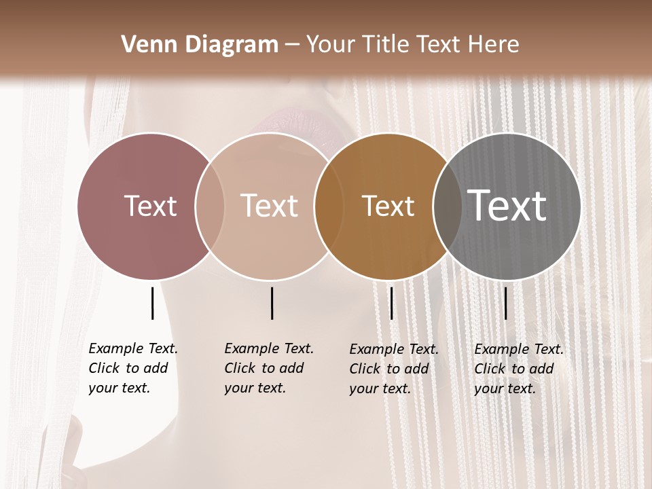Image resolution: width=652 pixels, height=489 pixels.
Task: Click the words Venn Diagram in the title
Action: tap(200, 45)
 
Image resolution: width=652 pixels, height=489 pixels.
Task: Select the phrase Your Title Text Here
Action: tap(412, 45)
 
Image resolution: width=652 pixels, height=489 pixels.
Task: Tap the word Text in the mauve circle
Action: tap(150, 206)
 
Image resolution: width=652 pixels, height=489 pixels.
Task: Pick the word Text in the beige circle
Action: tap(269, 206)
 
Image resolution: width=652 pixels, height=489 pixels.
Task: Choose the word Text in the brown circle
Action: tap(388, 206)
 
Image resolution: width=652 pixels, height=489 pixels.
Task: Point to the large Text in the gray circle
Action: tap(507, 205)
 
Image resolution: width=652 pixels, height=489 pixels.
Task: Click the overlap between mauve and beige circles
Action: tap(210, 206)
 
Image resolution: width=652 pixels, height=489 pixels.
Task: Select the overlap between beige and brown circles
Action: tap(329, 206)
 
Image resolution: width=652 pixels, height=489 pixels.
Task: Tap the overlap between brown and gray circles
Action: tap(448, 206)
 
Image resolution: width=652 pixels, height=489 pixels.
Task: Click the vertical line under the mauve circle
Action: tap(152, 303)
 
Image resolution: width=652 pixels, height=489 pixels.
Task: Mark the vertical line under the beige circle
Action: tap(272, 303)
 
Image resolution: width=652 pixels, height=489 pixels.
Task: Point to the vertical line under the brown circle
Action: tap(391, 303)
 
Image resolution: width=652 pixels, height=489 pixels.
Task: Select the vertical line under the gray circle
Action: tap(505, 303)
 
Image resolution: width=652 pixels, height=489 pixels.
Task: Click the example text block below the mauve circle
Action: tap(133, 368)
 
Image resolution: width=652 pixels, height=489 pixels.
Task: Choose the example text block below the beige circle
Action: tap(269, 368)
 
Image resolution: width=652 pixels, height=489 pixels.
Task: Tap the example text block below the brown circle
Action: tap(394, 369)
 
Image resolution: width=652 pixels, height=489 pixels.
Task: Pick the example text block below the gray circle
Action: tap(519, 369)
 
